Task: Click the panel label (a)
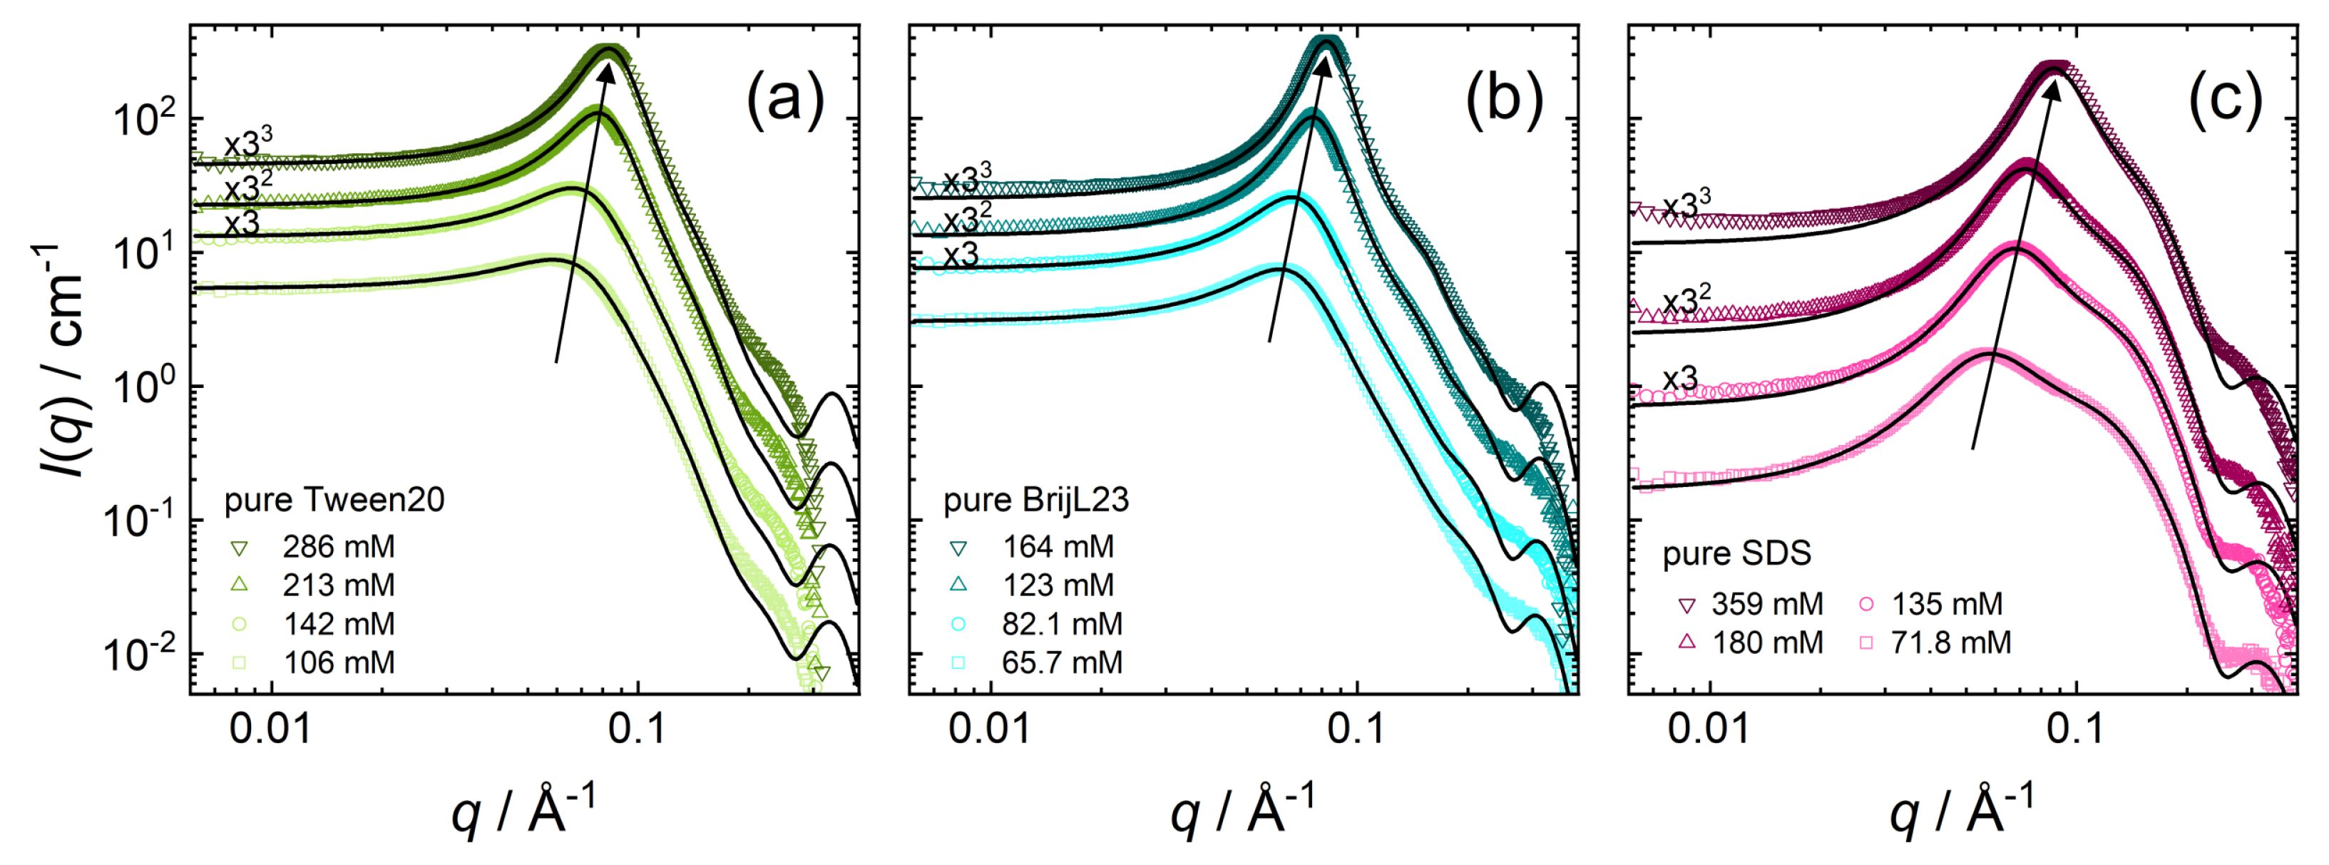[x=784, y=98]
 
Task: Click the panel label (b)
[x=1503, y=98]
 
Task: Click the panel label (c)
[x=2225, y=98]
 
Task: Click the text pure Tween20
[x=334, y=500]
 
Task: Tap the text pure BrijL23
[x=1036, y=500]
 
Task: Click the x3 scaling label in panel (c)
[x=1680, y=378]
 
